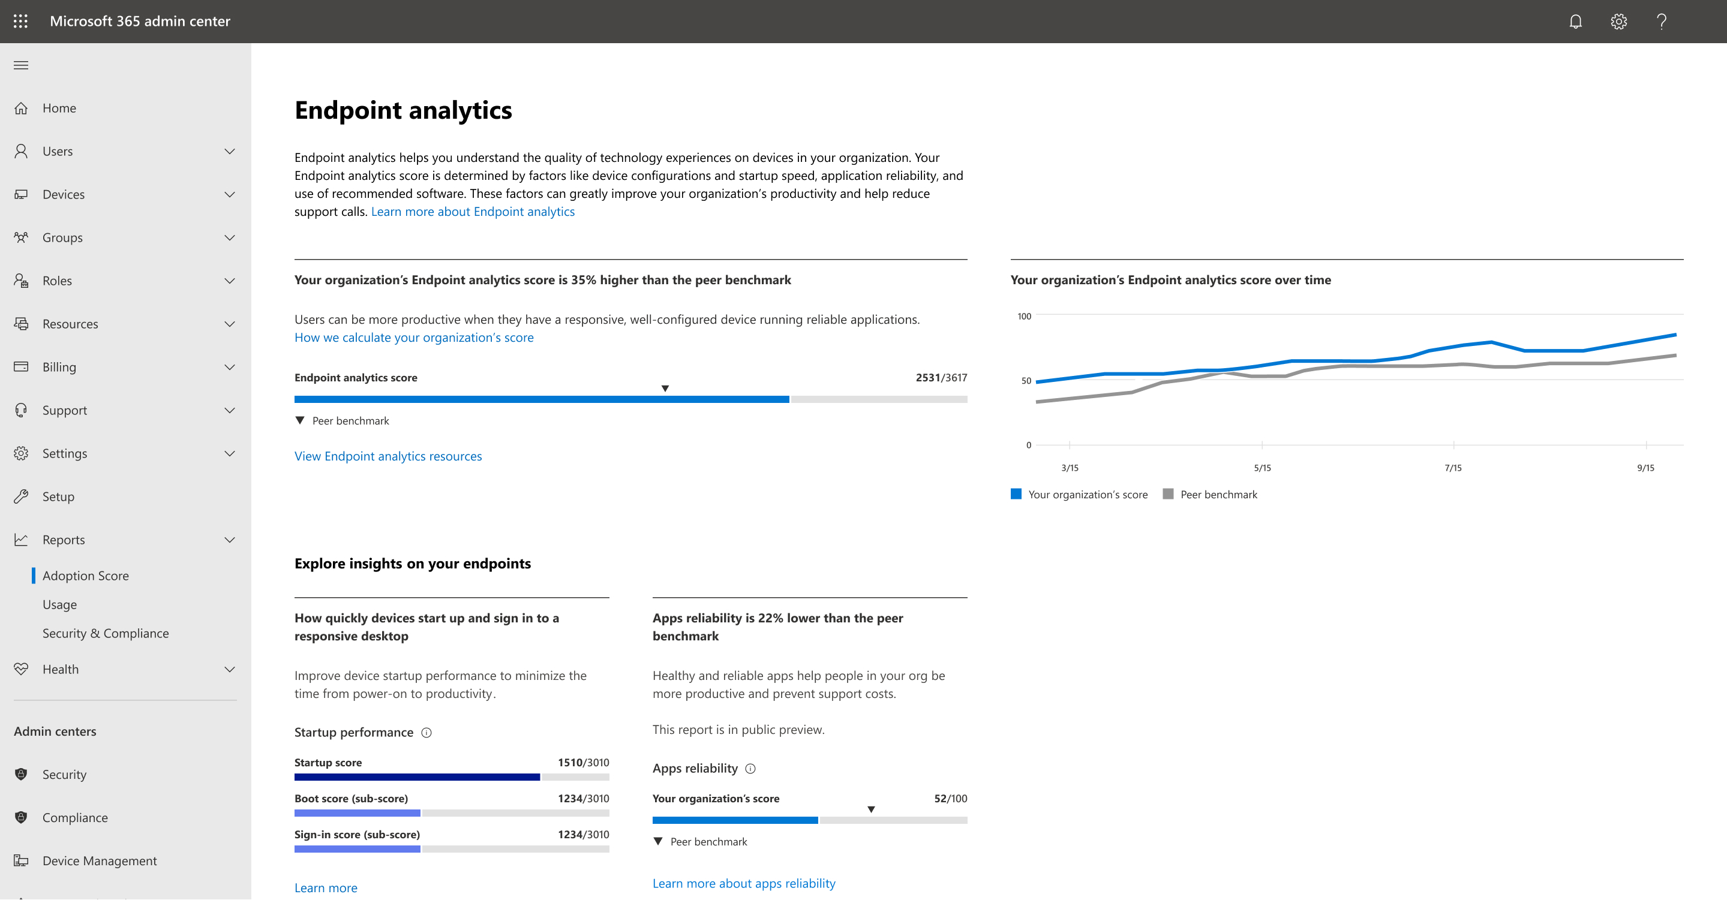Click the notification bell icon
pos(1575,22)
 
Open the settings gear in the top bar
pos(1618,22)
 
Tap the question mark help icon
pos(1661,22)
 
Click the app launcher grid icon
pos(21,22)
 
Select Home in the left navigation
pos(59,108)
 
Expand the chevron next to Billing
pos(229,367)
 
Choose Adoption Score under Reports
pos(85,576)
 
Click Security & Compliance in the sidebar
pos(105,633)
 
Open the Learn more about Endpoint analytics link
pos(473,212)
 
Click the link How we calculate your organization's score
pos(414,338)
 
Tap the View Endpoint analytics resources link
pos(388,456)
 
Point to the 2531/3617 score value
pos(941,378)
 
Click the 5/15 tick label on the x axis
pos(1262,468)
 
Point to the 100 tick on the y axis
pos(1024,317)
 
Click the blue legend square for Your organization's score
pos(1016,495)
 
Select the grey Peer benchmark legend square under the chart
pos(1168,495)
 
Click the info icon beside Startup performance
pos(427,733)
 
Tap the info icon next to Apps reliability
pos(750,769)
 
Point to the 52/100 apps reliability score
pos(950,799)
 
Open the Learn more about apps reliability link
pos(743,884)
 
